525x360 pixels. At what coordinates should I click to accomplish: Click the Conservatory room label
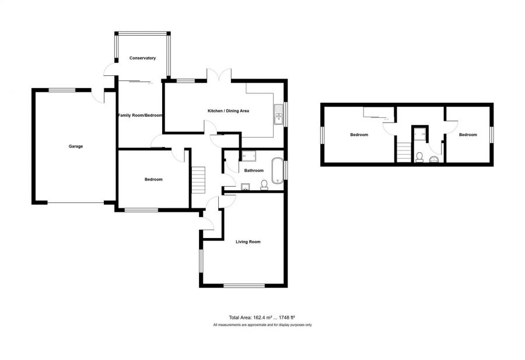click(143, 58)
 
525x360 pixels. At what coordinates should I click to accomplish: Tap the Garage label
click(76, 146)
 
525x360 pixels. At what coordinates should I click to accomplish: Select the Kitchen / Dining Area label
click(228, 111)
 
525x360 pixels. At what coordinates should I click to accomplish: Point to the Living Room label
click(248, 242)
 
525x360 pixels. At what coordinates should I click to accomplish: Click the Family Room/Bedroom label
click(140, 115)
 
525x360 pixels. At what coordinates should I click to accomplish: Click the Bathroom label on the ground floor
click(254, 170)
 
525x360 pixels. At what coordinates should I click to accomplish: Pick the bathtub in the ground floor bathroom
click(278, 170)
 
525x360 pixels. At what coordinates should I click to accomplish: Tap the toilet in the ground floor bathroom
click(264, 185)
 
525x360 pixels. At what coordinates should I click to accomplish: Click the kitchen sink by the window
click(279, 114)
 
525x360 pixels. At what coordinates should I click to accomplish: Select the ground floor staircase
click(198, 180)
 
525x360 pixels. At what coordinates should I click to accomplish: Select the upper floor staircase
click(404, 152)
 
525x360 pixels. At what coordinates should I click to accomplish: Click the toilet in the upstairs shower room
click(419, 158)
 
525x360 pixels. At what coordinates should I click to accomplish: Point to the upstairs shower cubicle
click(419, 133)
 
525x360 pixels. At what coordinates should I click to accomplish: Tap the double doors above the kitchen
click(219, 75)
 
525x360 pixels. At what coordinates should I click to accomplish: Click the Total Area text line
click(262, 317)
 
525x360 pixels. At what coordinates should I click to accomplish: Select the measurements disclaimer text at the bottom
click(262, 325)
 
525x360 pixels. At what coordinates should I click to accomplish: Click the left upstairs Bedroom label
click(359, 135)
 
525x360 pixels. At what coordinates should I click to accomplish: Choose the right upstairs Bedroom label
click(468, 135)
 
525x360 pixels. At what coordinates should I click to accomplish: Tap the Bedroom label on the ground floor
click(153, 180)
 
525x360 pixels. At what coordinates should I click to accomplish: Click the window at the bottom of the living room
click(244, 286)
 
